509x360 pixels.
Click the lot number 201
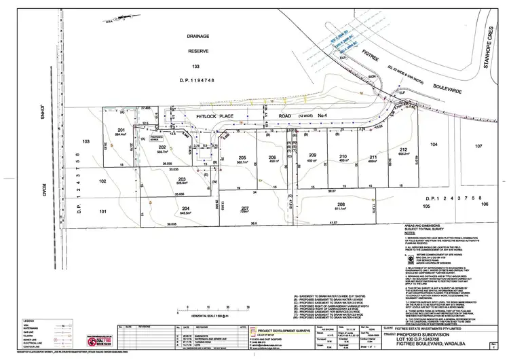tap(122, 129)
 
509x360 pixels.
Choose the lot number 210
tap(344, 156)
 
